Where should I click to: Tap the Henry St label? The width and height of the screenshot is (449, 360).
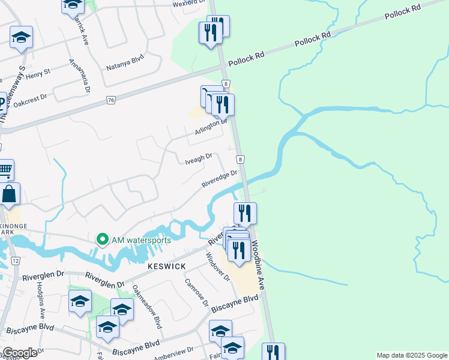tap(38, 74)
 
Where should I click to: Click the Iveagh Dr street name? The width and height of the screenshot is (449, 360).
tap(199, 158)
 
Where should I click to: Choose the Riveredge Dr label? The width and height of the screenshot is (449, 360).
tap(220, 178)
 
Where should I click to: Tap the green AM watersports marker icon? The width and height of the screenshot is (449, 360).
tap(102, 240)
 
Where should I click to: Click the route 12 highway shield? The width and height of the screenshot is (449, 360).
tap(16, 260)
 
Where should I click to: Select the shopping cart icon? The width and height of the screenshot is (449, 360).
tap(5, 171)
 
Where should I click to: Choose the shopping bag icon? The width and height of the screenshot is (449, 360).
tap(10, 194)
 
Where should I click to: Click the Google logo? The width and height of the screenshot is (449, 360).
tap(20, 353)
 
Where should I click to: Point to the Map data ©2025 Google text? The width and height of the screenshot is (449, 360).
tap(411, 355)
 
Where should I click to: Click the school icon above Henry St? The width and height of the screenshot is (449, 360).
tap(21, 38)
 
